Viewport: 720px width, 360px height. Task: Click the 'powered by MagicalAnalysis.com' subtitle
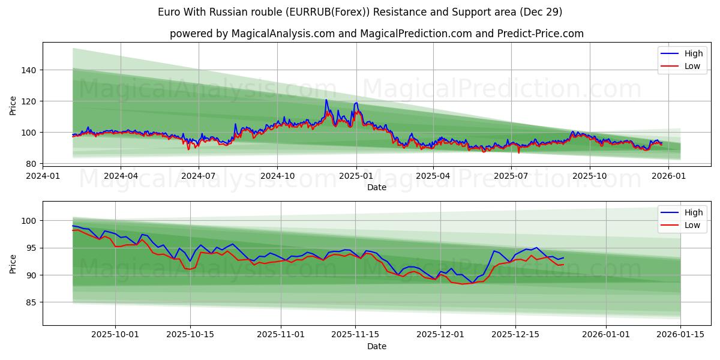pyautogui.click(x=376, y=34)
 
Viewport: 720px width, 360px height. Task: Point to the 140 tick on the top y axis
pyautogui.click(x=31, y=70)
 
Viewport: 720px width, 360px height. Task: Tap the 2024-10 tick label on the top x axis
pyautogui.click(x=277, y=176)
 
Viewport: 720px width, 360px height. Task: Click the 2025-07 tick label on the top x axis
pyautogui.click(x=511, y=176)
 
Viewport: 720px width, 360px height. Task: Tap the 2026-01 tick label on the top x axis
pyautogui.click(x=668, y=176)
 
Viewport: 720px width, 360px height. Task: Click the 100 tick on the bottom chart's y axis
pyautogui.click(x=31, y=221)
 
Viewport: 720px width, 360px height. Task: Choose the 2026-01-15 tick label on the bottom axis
pyautogui.click(x=680, y=335)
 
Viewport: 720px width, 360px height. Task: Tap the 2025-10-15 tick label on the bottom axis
pyautogui.click(x=190, y=335)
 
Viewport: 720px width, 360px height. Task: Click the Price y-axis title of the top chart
pyautogui.click(x=13, y=106)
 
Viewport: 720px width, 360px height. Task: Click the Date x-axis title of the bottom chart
pyautogui.click(x=376, y=346)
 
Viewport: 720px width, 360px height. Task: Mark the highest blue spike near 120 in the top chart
pyautogui.click(x=326, y=100)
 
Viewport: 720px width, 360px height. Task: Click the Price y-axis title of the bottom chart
pyautogui.click(x=13, y=263)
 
